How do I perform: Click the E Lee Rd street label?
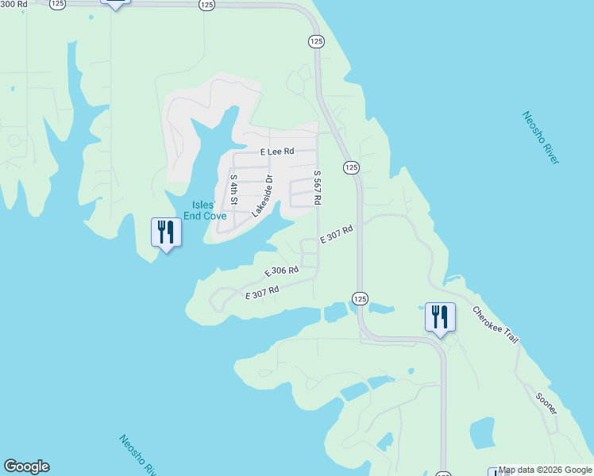pyautogui.click(x=277, y=151)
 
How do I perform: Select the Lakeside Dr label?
pyautogui.click(x=262, y=196)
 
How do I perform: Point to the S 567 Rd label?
pyautogui.click(x=317, y=188)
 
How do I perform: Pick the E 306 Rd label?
pyautogui.click(x=281, y=271)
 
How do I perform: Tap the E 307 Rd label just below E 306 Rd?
pyautogui.click(x=262, y=293)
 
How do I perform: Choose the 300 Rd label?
pyautogui.click(x=13, y=3)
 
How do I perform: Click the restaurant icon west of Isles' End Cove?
pyautogui.click(x=166, y=232)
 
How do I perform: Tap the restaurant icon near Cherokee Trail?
pyautogui.click(x=439, y=317)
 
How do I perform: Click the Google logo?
pyautogui.click(x=26, y=466)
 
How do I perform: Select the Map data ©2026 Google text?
pyautogui.click(x=545, y=470)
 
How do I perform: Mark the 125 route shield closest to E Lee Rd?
pyautogui.click(x=352, y=167)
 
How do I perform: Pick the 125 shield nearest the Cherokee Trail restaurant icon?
pyautogui.click(x=360, y=298)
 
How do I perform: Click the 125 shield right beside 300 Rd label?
pyautogui.click(x=57, y=4)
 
